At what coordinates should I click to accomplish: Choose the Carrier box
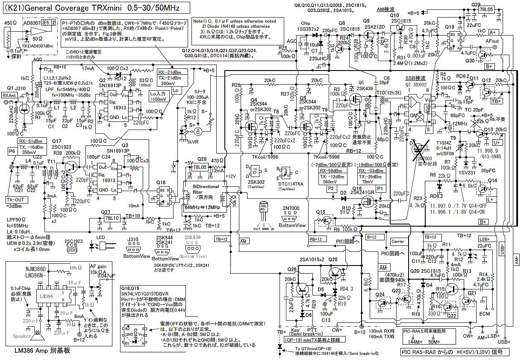tap(397, 242)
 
